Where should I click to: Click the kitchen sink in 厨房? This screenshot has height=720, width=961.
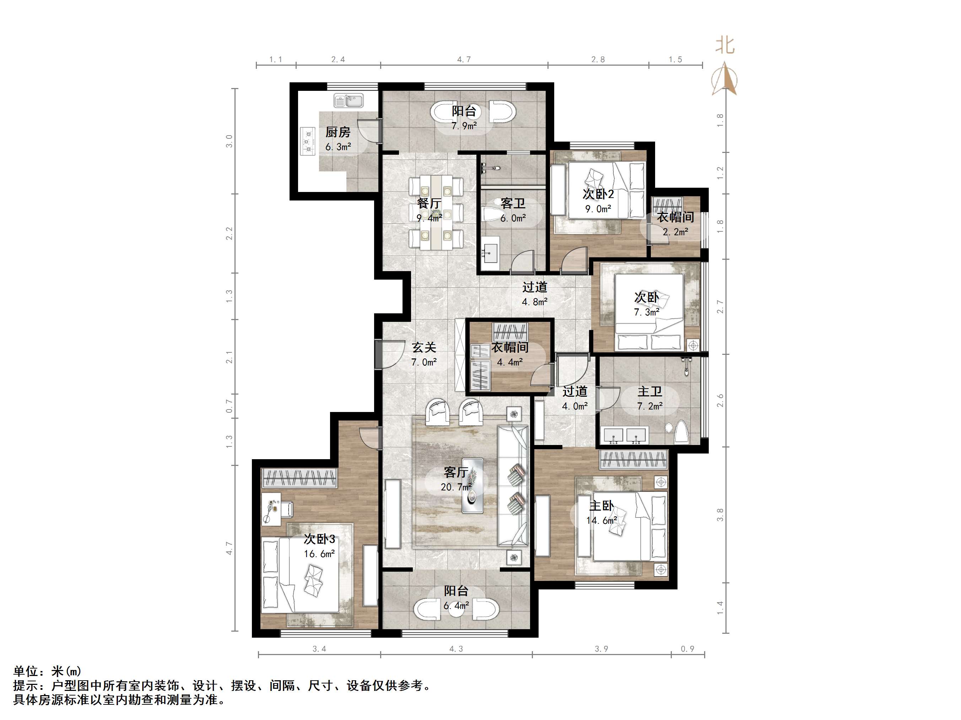click(x=349, y=101)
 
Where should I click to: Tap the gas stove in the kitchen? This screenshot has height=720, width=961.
click(x=308, y=141)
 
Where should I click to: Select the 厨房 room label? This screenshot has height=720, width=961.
click(x=338, y=132)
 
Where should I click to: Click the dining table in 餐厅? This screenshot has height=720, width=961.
click(x=436, y=212)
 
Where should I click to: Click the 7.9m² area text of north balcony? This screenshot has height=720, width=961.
click(x=464, y=126)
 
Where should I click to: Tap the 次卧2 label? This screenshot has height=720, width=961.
click(x=598, y=194)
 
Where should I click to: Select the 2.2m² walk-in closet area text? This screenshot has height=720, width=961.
click(x=675, y=232)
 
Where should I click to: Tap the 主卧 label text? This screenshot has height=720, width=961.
click(x=601, y=506)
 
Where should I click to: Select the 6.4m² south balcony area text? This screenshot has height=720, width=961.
click(x=456, y=605)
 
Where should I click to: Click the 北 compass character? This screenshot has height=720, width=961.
click(x=725, y=45)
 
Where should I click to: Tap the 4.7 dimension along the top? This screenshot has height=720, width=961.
click(x=464, y=60)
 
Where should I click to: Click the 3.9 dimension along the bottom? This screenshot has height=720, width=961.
click(x=601, y=649)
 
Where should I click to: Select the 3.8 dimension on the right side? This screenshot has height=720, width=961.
click(x=720, y=515)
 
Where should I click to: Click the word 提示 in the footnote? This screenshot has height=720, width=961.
click(x=26, y=686)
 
